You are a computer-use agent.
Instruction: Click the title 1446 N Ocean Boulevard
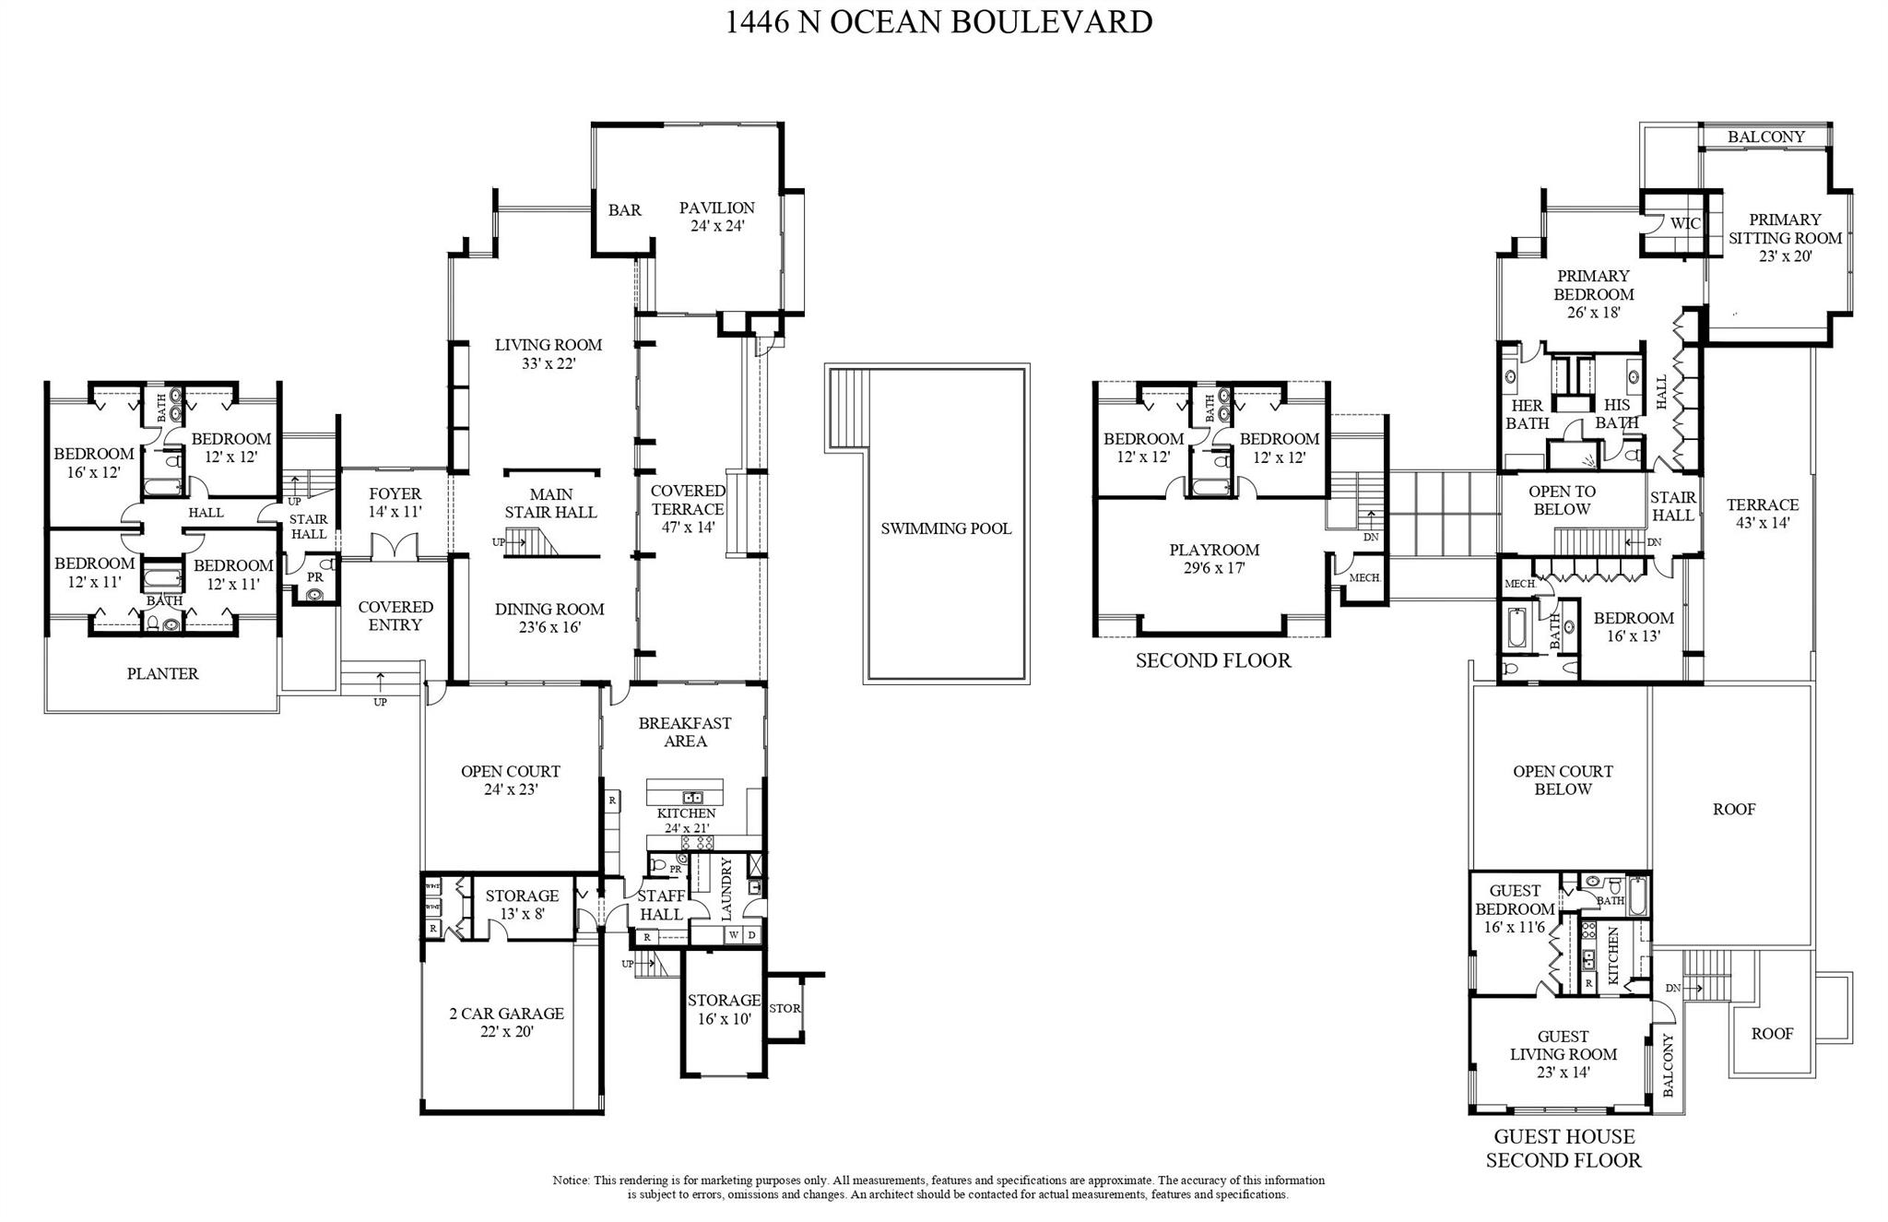tap(938, 21)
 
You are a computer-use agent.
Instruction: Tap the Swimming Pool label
tap(946, 528)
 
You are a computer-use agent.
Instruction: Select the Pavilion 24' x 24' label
tap(716, 217)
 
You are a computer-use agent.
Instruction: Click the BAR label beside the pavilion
tap(624, 210)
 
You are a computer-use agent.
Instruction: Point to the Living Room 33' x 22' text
tap(549, 354)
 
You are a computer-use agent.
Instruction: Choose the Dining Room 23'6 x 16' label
tap(549, 618)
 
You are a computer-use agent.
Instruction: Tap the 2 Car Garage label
tap(506, 1022)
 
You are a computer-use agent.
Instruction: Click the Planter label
tap(162, 674)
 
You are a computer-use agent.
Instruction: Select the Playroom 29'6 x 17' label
tap(1214, 559)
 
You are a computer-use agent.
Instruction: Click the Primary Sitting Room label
tap(1785, 238)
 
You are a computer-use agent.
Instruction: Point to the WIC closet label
tap(1685, 223)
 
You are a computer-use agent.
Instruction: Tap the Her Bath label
tap(1527, 415)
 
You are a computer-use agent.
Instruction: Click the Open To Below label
tap(1562, 501)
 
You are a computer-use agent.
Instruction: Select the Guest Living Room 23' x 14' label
tap(1563, 1054)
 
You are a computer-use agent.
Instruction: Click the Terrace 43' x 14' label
tap(1763, 514)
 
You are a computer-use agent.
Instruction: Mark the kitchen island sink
tap(692, 797)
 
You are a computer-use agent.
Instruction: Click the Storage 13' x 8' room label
tap(522, 905)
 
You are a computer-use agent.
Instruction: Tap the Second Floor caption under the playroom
tap(1213, 660)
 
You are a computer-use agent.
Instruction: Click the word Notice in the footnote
tap(572, 1180)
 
